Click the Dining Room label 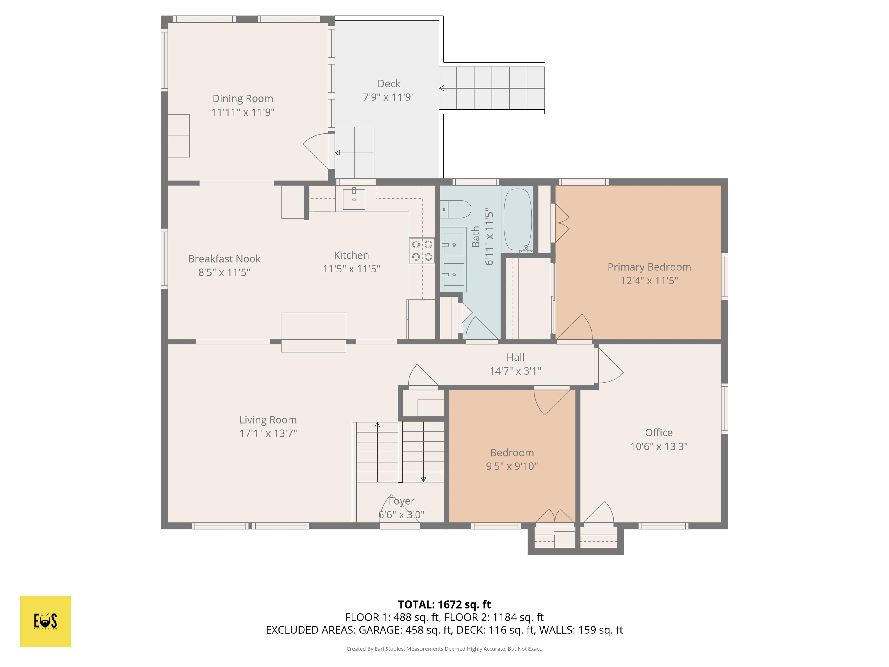[243, 98]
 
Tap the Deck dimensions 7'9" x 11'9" [389, 97]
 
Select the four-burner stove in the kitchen [422, 250]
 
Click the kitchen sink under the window [354, 199]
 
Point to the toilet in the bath [457, 209]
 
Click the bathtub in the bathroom [518, 219]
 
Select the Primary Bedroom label [649, 267]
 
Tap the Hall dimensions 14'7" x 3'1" [515, 371]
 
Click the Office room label [658, 433]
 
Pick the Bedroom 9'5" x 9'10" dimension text [512, 466]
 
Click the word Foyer [401, 501]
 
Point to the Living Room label [268, 420]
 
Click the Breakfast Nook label [224, 259]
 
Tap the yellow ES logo [45, 621]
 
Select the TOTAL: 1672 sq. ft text [444, 604]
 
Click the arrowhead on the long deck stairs [441, 88]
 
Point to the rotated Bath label [475, 237]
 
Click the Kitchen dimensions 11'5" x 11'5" [351, 269]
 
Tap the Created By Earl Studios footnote [444, 648]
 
